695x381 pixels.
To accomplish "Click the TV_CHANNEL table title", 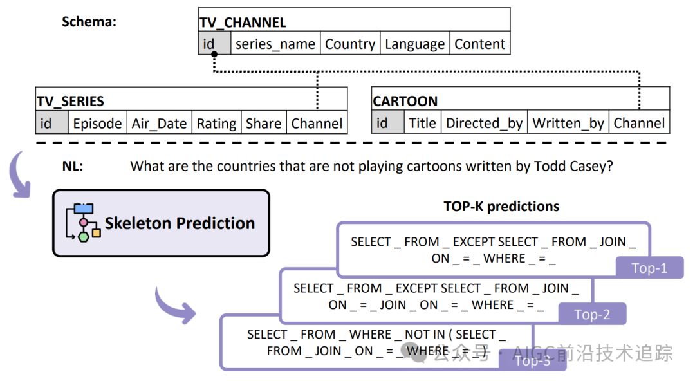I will (243, 23).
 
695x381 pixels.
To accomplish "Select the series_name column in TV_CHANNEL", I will (275, 44).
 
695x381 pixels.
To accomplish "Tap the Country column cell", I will (350, 44).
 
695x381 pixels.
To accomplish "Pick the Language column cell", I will (414, 44).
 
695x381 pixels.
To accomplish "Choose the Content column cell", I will (479, 44).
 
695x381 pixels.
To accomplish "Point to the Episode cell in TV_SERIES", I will (97, 124).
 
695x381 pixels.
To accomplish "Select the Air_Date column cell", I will (159, 124).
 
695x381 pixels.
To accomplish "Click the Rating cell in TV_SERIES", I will (216, 124).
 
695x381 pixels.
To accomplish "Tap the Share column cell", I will (263, 124).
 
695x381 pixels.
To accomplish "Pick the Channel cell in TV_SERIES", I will (317, 124).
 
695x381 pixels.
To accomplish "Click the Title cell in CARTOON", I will (422, 124).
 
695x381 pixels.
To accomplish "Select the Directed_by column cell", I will (484, 124).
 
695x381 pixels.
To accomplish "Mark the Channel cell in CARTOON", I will (639, 124).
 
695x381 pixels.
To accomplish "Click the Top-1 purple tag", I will (649, 268).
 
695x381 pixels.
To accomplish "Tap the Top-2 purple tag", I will (591, 314).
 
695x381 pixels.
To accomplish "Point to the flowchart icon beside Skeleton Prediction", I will (83, 223).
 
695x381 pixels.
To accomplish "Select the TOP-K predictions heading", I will (501, 207).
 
